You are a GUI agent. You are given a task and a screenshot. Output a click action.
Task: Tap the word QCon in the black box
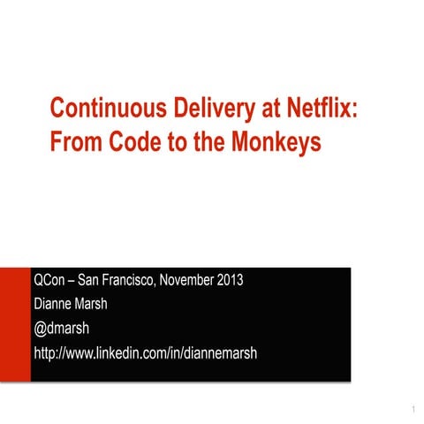pos(50,282)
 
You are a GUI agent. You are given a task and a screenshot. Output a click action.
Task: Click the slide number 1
pos(413,411)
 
